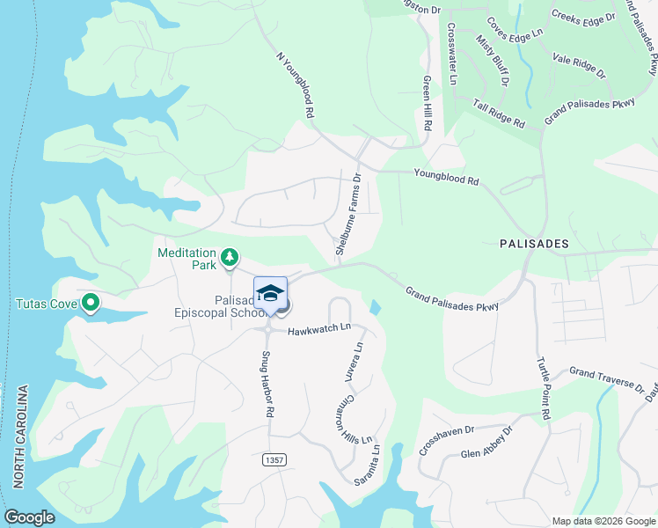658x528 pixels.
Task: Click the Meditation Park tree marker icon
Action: pos(229,258)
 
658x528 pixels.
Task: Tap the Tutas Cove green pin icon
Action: pos(90,304)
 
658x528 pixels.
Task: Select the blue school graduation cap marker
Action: pos(271,293)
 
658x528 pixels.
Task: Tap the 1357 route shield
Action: pos(273,460)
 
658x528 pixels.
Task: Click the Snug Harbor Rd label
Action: pos(267,385)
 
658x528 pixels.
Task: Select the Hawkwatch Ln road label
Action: pos(320,329)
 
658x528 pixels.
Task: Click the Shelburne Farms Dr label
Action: pos(348,215)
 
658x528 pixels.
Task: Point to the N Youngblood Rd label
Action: pos(295,85)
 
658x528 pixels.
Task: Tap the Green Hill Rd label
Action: pos(427,103)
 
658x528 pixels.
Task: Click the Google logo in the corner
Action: pos(29,517)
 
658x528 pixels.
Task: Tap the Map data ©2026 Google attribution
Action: pos(603,521)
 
